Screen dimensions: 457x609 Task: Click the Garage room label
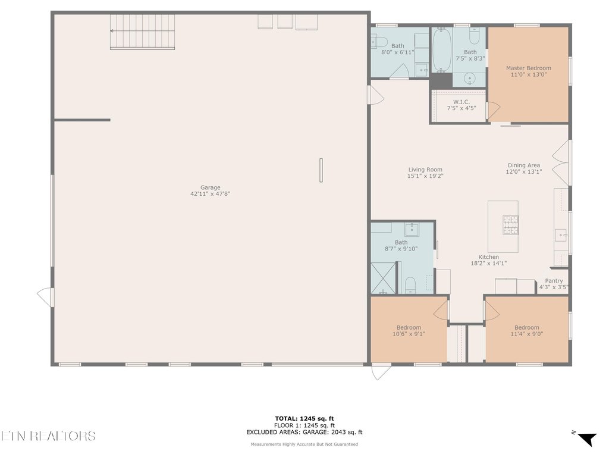210,187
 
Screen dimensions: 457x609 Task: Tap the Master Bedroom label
528,68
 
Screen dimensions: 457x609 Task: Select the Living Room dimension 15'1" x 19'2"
425,176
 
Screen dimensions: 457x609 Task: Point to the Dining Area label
524,165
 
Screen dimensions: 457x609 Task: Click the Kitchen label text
488,257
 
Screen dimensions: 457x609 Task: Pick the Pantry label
554,281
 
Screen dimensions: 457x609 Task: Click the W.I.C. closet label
462,102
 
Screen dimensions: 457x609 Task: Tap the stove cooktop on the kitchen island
511,224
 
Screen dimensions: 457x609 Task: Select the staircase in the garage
143,32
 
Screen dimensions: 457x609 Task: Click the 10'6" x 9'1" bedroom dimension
409,334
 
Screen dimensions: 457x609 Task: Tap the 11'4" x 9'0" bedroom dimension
527,334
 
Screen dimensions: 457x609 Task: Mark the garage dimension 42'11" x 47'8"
210,194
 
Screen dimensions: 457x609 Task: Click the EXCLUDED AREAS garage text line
304,433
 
